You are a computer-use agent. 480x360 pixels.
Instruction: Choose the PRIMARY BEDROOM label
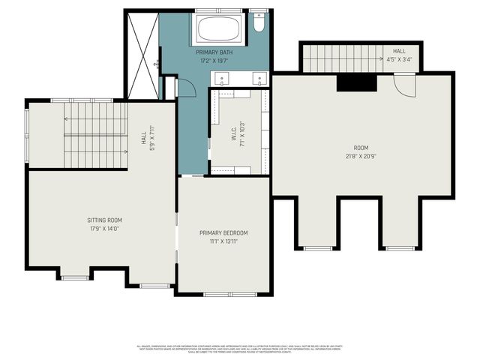[223, 233]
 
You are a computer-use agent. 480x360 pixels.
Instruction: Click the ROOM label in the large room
[361, 148]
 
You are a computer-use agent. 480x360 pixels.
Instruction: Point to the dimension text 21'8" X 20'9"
[361, 156]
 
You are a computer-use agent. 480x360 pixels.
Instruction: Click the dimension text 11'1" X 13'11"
[223, 241]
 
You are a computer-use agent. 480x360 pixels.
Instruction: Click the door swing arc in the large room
[404, 86]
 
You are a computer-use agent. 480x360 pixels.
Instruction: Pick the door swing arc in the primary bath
[185, 85]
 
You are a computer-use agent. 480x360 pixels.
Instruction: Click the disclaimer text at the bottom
[239, 349]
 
